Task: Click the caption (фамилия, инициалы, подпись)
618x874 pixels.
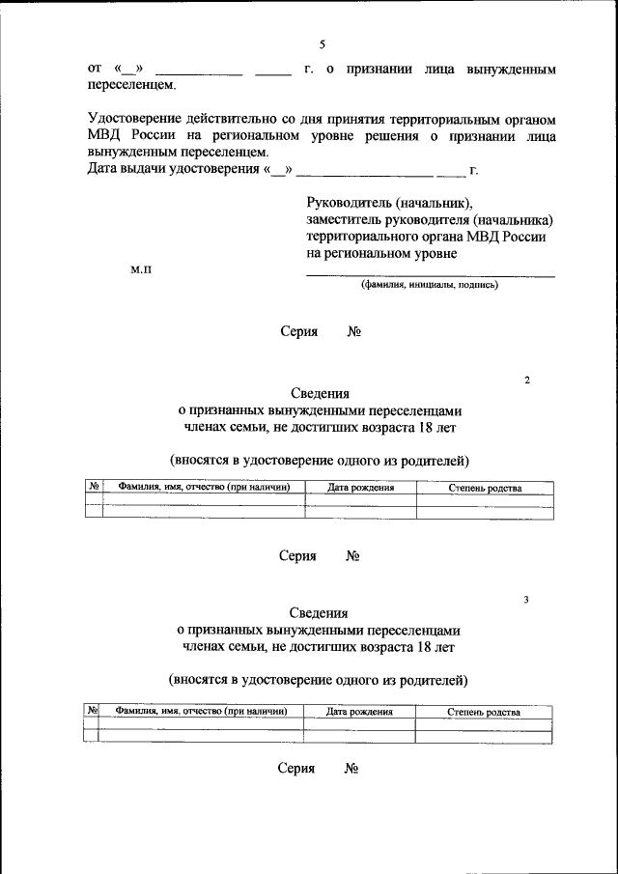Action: pos(430,285)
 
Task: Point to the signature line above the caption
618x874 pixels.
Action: pos(430,276)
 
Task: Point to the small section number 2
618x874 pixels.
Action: pos(527,381)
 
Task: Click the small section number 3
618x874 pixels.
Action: pos(526,600)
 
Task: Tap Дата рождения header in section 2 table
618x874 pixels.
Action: pos(360,488)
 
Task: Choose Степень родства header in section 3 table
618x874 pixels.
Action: pos(484,712)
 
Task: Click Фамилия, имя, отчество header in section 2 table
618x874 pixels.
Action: pos(203,488)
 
